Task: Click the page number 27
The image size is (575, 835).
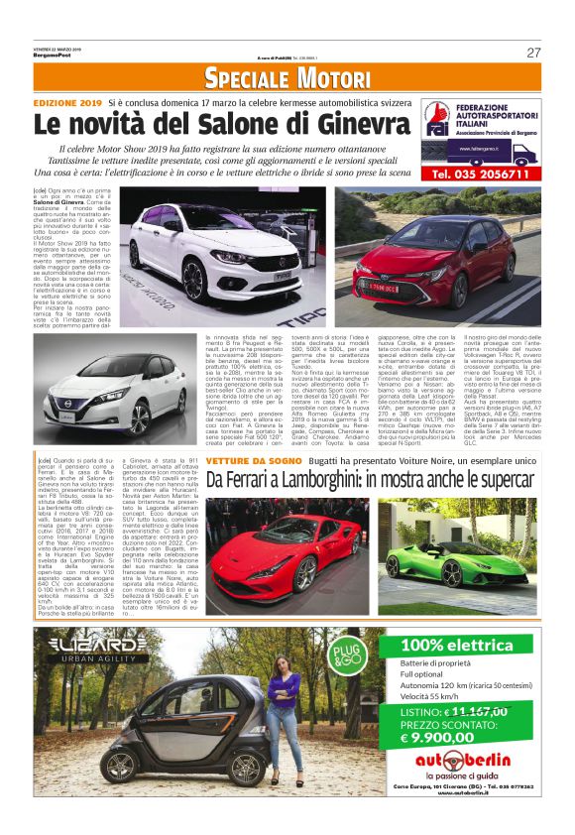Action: coord(532,52)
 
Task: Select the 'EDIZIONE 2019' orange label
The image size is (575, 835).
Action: coord(68,102)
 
